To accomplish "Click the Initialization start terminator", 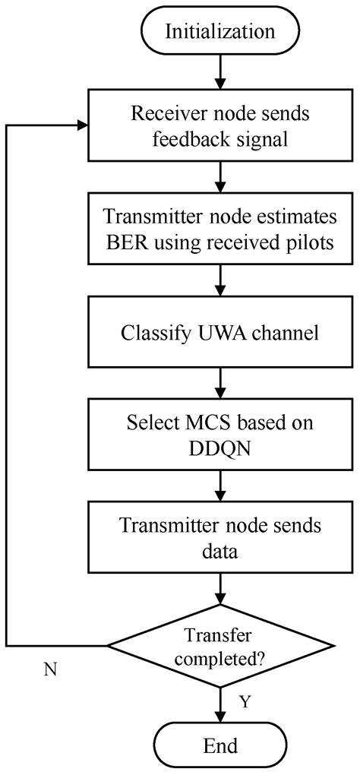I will (220, 32).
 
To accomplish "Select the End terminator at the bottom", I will (220, 745).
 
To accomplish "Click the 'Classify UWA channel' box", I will (220, 332).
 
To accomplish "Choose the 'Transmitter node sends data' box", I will (220, 536).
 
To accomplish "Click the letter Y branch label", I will (245, 702).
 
